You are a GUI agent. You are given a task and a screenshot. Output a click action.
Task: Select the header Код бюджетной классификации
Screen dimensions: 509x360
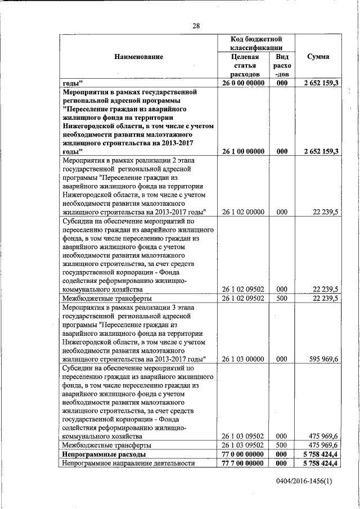(x=256, y=43)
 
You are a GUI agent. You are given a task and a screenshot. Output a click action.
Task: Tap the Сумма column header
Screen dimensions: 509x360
(x=318, y=57)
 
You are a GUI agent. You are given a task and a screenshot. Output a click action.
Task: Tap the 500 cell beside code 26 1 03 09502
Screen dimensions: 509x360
(x=282, y=444)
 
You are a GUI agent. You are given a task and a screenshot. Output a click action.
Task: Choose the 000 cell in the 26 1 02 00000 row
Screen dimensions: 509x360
(x=282, y=211)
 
